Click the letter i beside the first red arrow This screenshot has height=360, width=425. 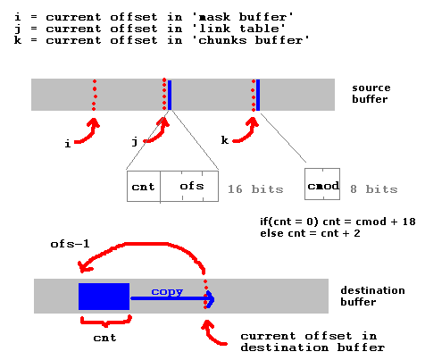[68, 144]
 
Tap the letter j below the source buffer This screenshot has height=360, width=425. [135, 141]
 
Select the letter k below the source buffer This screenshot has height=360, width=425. [225, 139]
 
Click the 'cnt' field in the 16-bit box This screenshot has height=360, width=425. [144, 187]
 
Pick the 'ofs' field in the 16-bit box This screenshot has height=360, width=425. [189, 186]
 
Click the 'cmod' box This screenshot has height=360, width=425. [322, 184]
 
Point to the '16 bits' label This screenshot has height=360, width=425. [255, 189]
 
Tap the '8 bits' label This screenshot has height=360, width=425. [374, 189]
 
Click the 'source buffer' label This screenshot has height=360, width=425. [371, 93]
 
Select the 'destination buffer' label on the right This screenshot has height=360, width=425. [372, 296]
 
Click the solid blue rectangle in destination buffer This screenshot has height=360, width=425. [104, 297]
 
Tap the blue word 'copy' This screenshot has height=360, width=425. [167, 292]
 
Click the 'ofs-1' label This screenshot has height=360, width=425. [70, 244]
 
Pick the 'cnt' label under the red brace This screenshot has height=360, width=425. [104, 338]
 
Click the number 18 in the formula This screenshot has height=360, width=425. [409, 222]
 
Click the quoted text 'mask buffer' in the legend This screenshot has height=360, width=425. [243, 17]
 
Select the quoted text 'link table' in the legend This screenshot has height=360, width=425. [239, 29]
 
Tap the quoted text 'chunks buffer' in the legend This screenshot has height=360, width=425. [251, 40]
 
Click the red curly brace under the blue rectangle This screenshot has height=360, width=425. [106, 321]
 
